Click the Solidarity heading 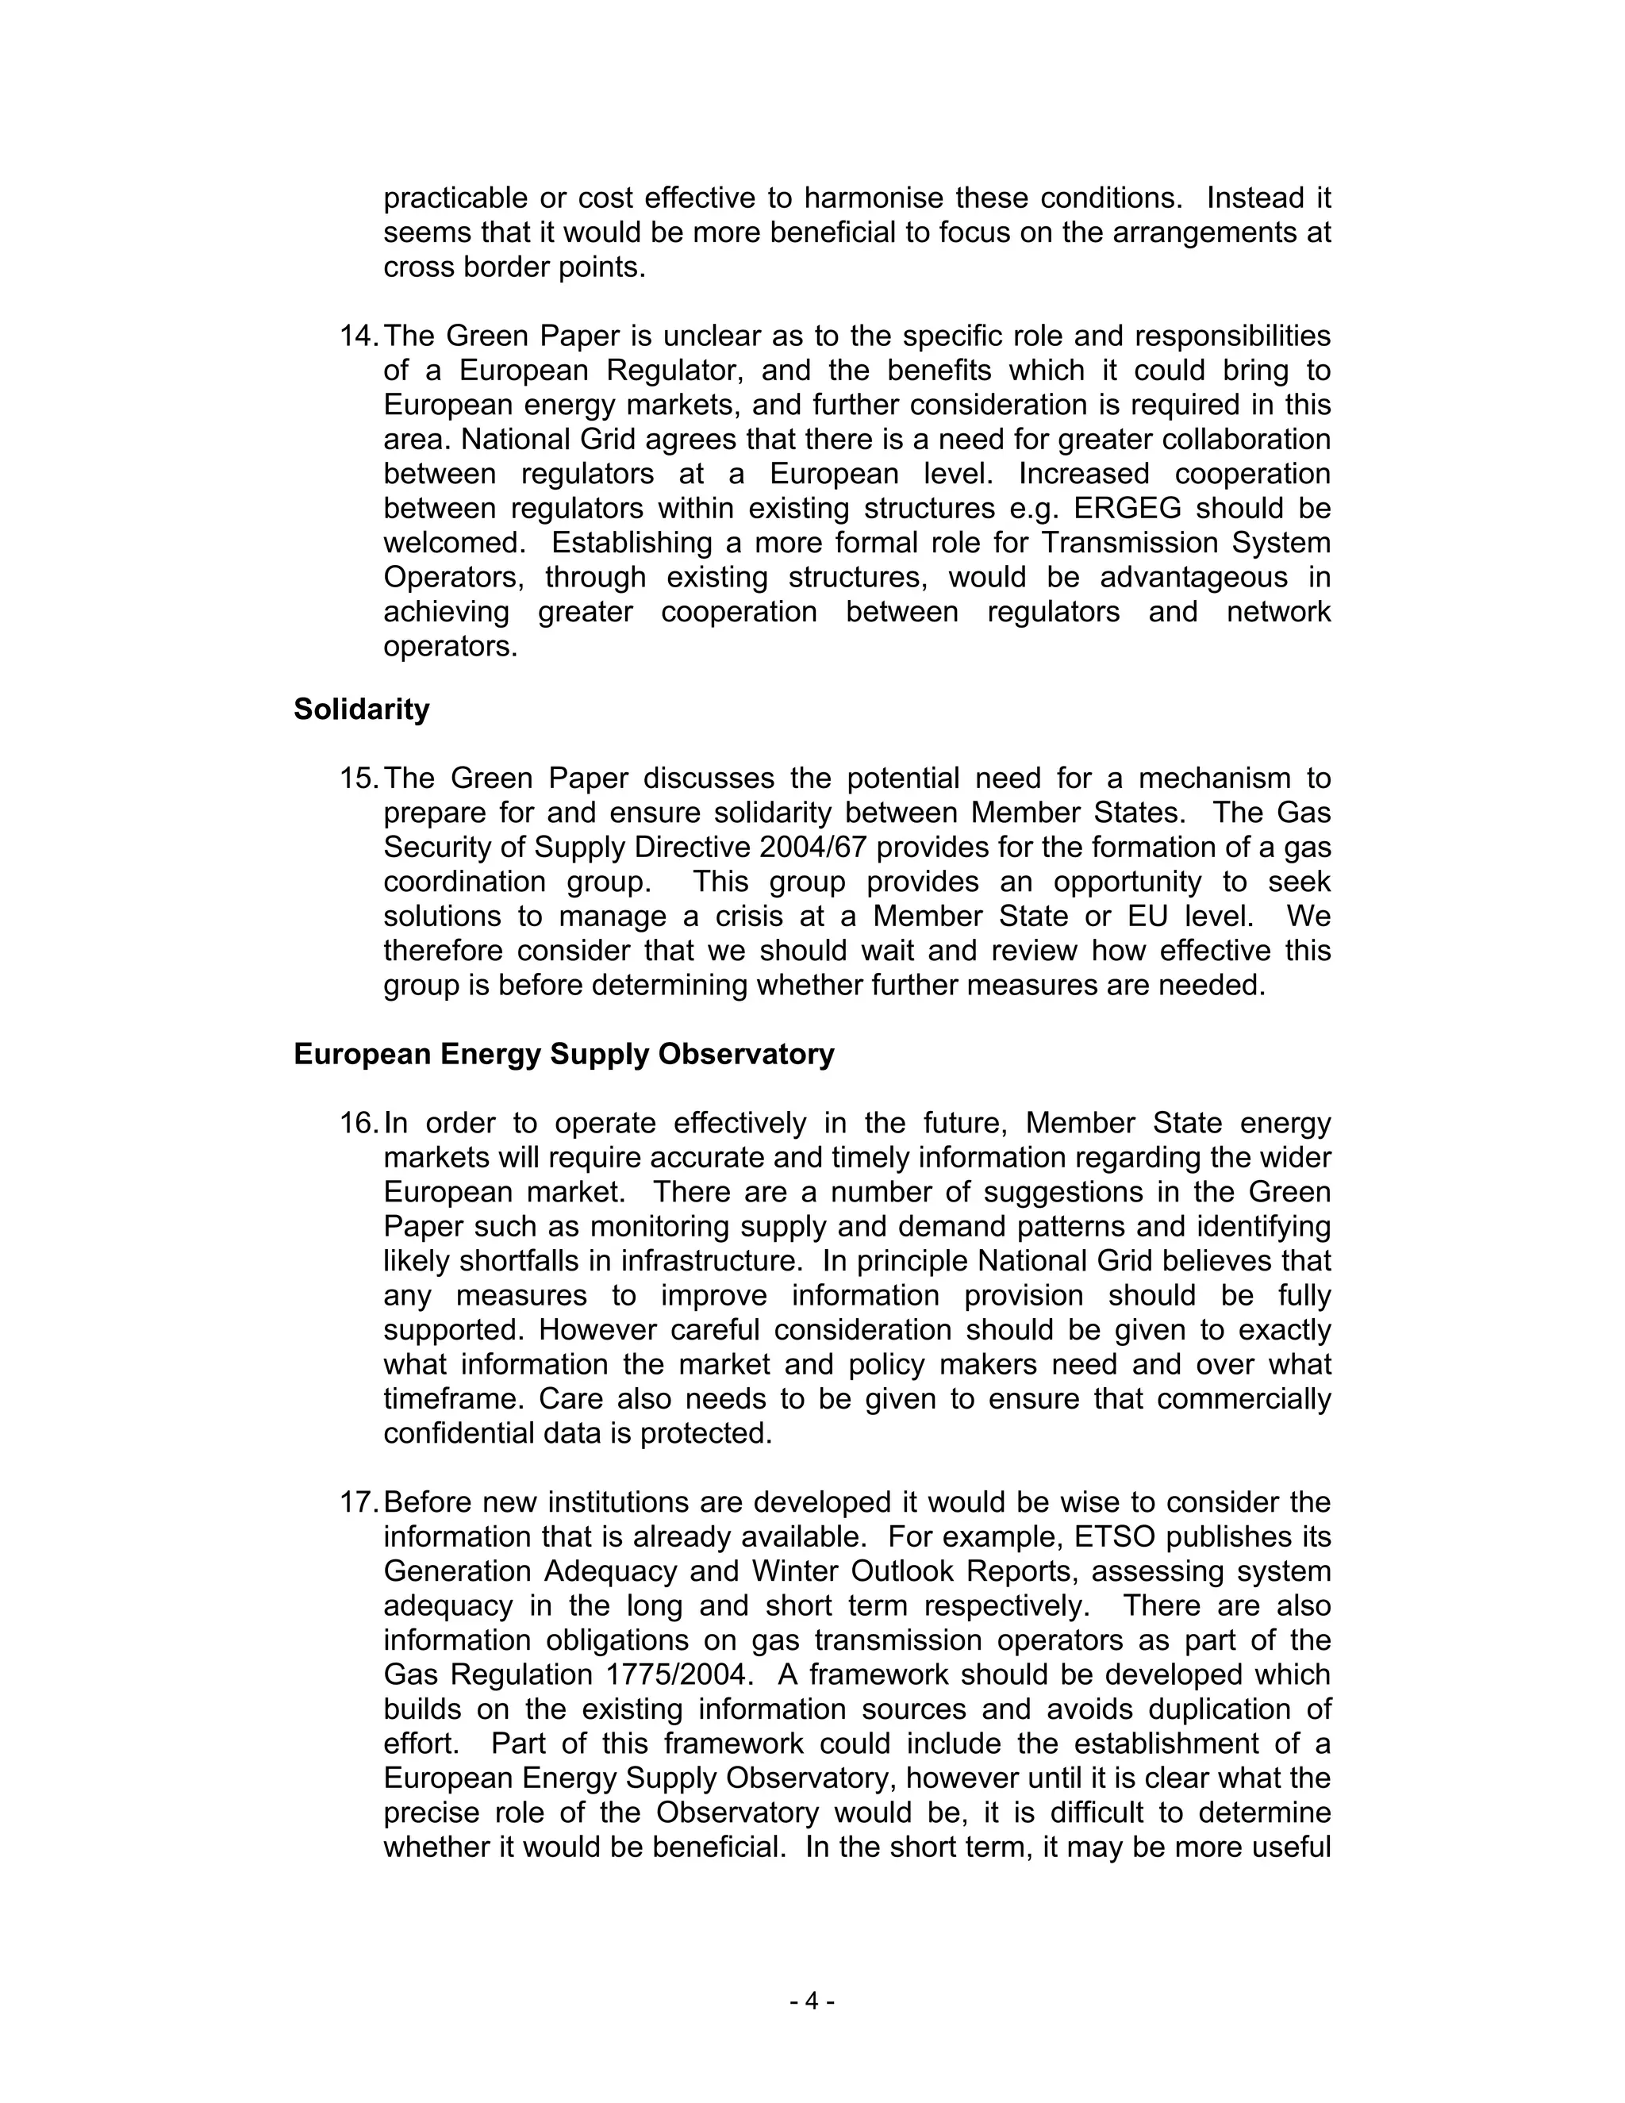point(361,709)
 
